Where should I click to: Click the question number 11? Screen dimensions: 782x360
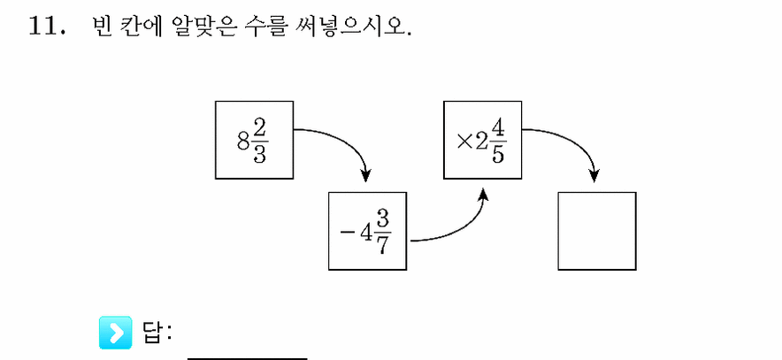point(43,26)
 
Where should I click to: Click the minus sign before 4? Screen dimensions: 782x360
point(345,233)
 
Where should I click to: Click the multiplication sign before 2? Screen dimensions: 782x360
point(464,142)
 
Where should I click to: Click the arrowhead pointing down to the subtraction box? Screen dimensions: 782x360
point(366,175)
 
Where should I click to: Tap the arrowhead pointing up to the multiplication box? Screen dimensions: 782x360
point(483,195)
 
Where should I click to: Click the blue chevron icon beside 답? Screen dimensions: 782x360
point(116,332)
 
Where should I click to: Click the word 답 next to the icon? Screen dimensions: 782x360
point(151,333)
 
